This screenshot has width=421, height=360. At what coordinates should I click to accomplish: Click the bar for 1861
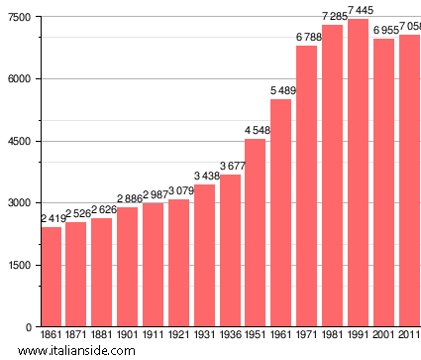(51, 277)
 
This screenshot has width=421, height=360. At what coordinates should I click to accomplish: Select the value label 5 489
(282, 91)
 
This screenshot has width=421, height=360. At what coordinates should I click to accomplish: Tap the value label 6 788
(308, 38)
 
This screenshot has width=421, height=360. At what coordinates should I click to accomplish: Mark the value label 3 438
(205, 177)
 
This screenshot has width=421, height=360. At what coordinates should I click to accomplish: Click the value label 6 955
(385, 31)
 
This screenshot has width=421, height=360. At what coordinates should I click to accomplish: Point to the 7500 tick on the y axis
(19, 17)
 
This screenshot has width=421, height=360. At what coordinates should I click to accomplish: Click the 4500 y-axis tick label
(19, 141)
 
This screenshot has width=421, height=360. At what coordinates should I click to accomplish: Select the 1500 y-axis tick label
(19, 265)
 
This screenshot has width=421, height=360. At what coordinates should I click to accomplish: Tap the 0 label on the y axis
(28, 327)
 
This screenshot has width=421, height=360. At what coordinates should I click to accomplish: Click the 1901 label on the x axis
(128, 336)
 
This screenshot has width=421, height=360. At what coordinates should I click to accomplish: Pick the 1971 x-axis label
(307, 336)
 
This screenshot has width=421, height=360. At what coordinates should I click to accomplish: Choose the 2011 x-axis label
(408, 336)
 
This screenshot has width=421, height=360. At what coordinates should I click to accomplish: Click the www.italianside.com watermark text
(91, 351)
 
